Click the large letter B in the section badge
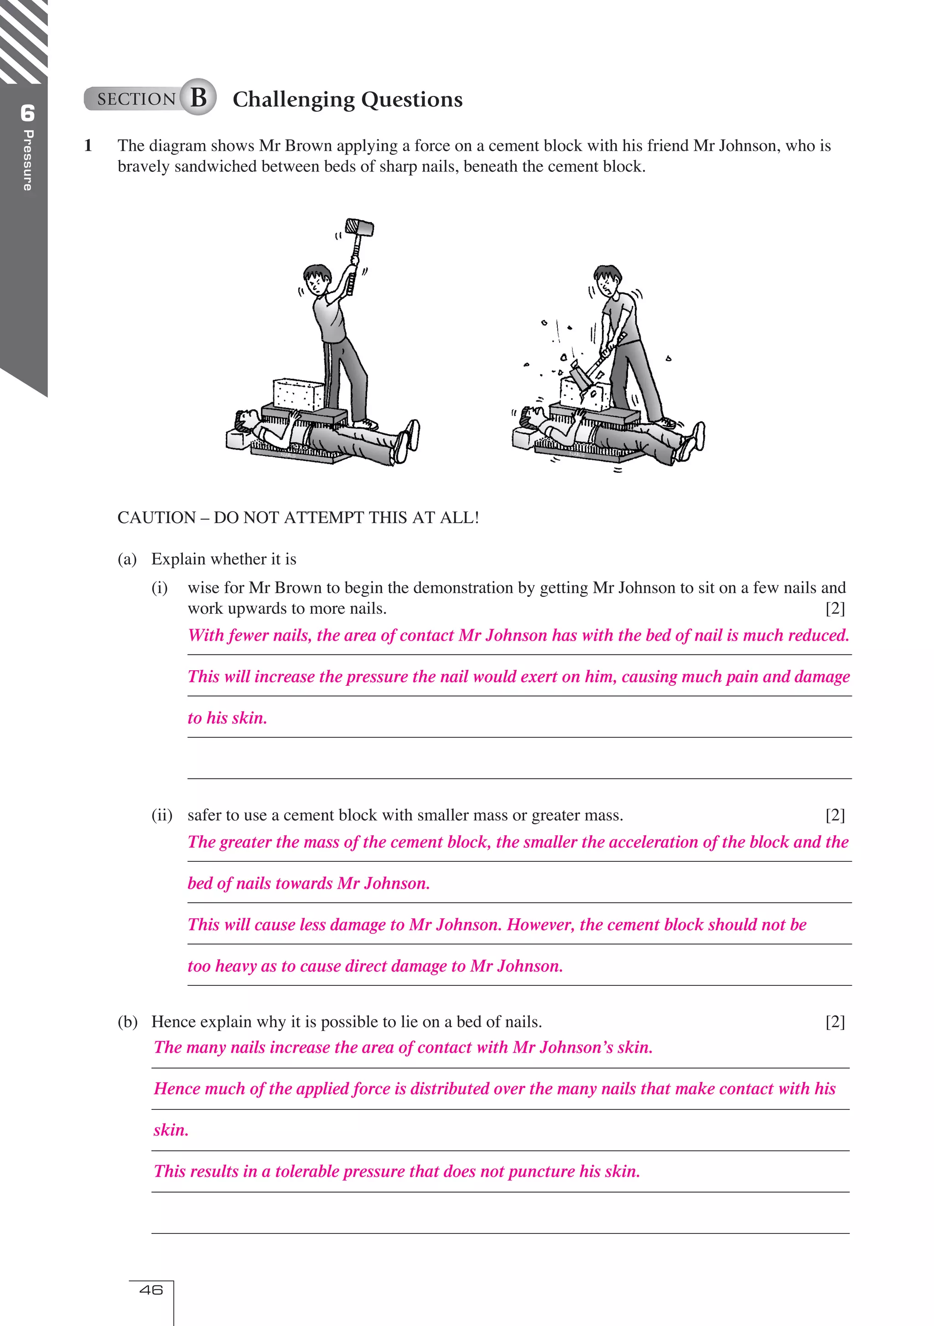(198, 97)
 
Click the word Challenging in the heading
(293, 100)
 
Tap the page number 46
(151, 1290)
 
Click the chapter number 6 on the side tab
(27, 113)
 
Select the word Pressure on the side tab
(27, 161)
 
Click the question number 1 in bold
(88, 145)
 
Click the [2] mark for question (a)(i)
(835, 608)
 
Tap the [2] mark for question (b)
(835, 1022)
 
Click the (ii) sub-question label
(162, 815)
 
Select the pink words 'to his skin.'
(227, 718)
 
